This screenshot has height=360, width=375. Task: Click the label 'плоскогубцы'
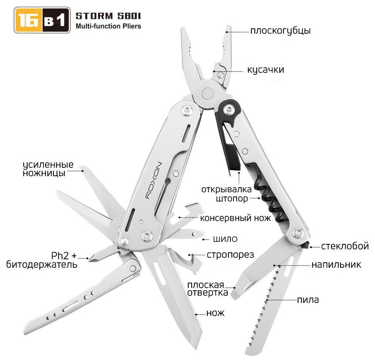tap(280, 31)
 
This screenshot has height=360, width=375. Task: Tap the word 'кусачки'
tap(266, 70)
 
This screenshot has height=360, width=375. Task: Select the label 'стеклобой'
tap(345, 246)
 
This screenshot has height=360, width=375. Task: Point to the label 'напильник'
tap(336, 264)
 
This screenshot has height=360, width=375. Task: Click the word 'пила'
tap(308, 300)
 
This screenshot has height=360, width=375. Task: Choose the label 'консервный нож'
tap(235, 218)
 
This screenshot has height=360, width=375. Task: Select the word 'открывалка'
tap(227, 189)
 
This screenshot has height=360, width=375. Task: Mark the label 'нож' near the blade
tap(215, 313)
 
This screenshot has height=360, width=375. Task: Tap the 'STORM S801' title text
tap(108, 16)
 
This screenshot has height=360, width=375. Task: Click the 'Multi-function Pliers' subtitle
tap(108, 26)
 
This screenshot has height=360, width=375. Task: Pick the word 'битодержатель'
tap(42, 264)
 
